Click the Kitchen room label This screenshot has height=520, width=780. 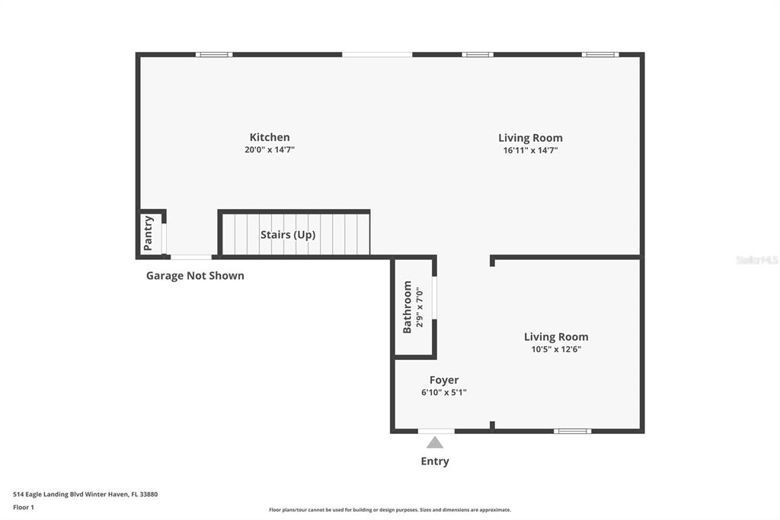270,137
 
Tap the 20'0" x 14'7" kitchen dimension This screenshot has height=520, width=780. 270,149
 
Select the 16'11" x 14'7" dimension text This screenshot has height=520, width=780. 530,150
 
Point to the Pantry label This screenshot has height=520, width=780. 149,233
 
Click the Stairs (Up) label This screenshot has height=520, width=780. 288,235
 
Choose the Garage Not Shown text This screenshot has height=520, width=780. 195,275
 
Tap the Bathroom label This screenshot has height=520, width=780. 408,307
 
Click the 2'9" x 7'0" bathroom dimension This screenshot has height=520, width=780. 420,307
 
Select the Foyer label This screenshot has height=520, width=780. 444,380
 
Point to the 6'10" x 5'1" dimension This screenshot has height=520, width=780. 444,393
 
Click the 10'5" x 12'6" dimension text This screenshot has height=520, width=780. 556,349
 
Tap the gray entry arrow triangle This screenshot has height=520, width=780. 435,442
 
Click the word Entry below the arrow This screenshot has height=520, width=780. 435,461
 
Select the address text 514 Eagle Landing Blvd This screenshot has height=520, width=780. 48,494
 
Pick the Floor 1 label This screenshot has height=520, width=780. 24,507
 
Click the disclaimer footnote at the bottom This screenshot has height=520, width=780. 390,509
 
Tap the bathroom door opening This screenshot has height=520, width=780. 434,297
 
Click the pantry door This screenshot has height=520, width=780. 164,239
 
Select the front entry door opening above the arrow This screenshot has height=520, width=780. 436,431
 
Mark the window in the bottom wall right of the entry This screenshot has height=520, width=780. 573,431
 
